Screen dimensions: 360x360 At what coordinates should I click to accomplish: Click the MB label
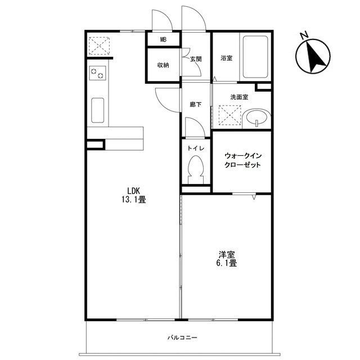[163, 40]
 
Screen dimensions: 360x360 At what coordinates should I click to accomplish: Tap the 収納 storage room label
[163, 65]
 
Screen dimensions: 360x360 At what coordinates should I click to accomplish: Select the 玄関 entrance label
[196, 59]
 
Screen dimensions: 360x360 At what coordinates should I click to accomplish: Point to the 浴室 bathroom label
[226, 58]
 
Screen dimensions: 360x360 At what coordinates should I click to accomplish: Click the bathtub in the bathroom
[255, 57]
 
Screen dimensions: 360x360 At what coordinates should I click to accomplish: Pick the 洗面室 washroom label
[239, 97]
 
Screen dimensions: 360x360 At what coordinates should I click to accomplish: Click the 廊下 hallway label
[196, 105]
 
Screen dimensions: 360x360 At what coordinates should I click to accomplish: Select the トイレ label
[196, 148]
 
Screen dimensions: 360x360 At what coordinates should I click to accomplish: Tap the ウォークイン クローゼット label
[243, 160]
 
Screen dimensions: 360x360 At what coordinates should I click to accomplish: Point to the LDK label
[134, 191]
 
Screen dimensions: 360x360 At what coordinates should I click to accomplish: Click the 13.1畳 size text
[134, 200]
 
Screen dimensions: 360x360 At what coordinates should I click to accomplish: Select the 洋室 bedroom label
[226, 255]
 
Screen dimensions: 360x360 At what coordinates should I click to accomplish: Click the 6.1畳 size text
[226, 263]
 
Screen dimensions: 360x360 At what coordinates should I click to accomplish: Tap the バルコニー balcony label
[182, 337]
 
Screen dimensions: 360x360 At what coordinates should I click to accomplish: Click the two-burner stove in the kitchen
[97, 73]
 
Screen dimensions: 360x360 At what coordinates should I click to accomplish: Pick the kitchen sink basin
[97, 110]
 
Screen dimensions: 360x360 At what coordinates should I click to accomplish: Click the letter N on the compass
[304, 35]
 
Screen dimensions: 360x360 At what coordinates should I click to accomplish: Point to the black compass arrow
[315, 57]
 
